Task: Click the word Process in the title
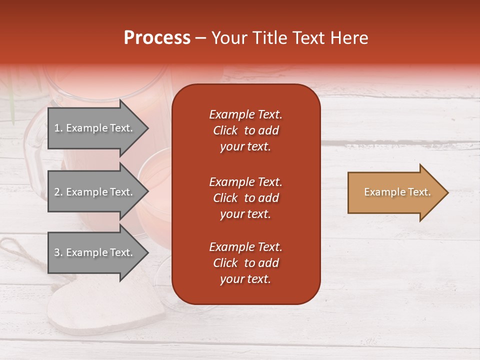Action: point(156,38)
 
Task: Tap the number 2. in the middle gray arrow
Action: point(58,192)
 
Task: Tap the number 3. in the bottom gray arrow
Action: point(58,252)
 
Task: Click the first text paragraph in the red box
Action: point(245,130)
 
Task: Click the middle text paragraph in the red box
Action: point(245,198)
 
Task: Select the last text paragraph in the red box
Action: point(245,263)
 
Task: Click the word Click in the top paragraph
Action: point(225,131)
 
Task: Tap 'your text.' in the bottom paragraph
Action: point(245,279)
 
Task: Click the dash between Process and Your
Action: point(200,38)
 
